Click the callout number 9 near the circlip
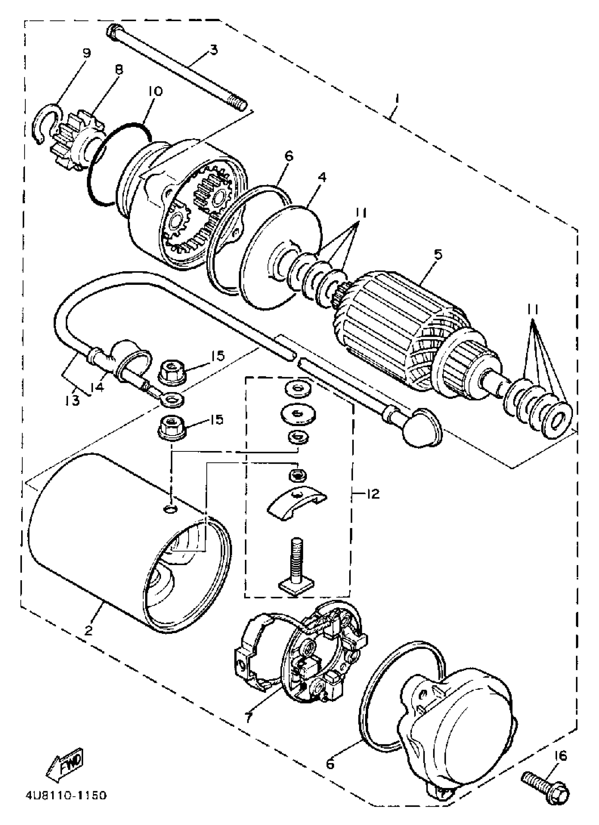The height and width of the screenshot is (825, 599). [x=86, y=53]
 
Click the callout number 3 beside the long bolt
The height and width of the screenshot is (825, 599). [x=214, y=49]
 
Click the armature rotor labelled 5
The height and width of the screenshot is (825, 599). [x=400, y=320]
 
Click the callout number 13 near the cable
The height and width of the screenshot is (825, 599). [x=73, y=401]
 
